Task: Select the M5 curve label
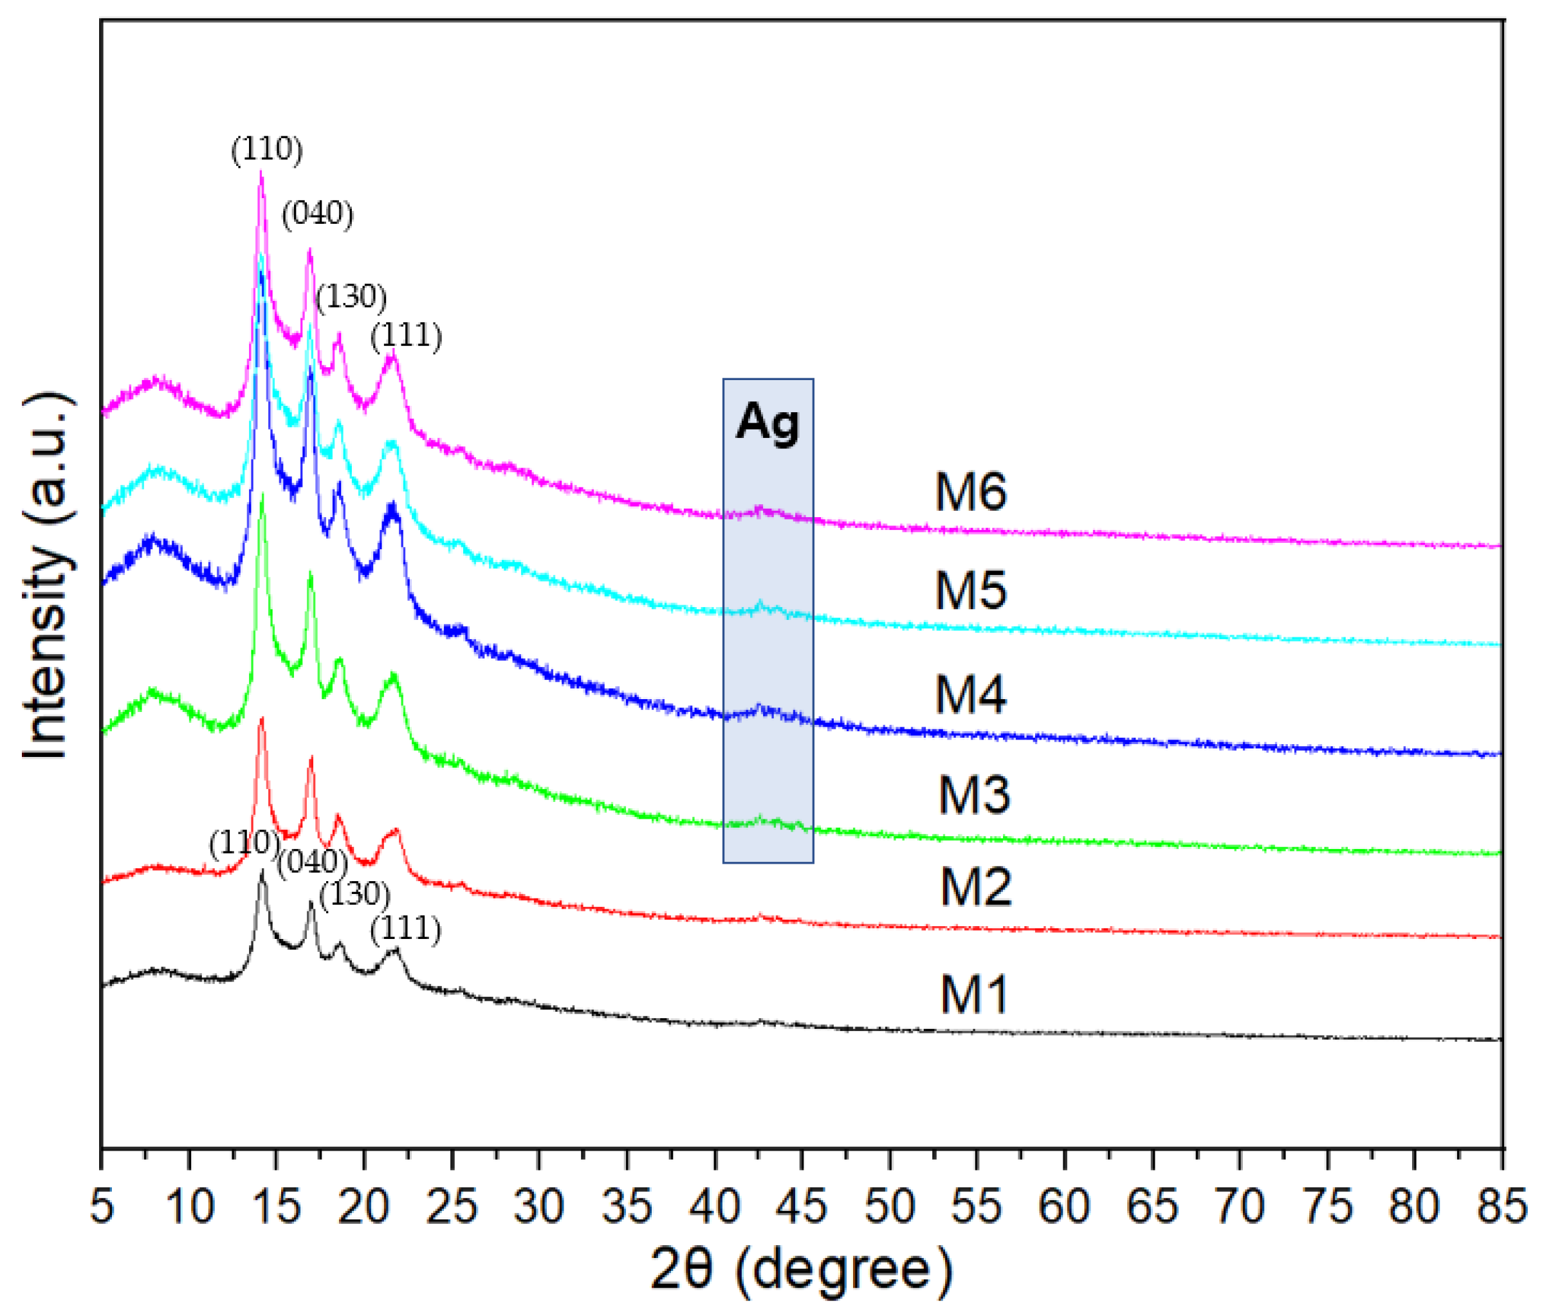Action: pos(970,590)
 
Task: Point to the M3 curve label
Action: pos(973,794)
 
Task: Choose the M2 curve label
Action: pos(975,887)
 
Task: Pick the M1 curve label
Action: pos(973,994)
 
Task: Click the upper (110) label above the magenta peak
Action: pos(266,149)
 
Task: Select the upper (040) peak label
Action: pos(317,214)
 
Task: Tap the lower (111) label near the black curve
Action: pos(405,928)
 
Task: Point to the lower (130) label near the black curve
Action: pos(354,894)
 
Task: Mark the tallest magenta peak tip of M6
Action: pos(261,172)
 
